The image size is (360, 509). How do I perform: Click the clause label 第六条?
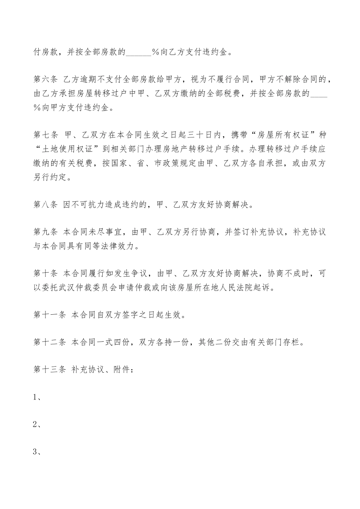point(45,79)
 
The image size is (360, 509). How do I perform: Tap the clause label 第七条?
point(45,135)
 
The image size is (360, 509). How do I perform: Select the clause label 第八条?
point(45,205)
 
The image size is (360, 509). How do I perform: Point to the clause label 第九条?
point(45,232)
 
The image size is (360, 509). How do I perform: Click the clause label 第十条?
point(45,273)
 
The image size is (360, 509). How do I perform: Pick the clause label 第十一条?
point(50,315)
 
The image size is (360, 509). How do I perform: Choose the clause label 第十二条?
point(50,342)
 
